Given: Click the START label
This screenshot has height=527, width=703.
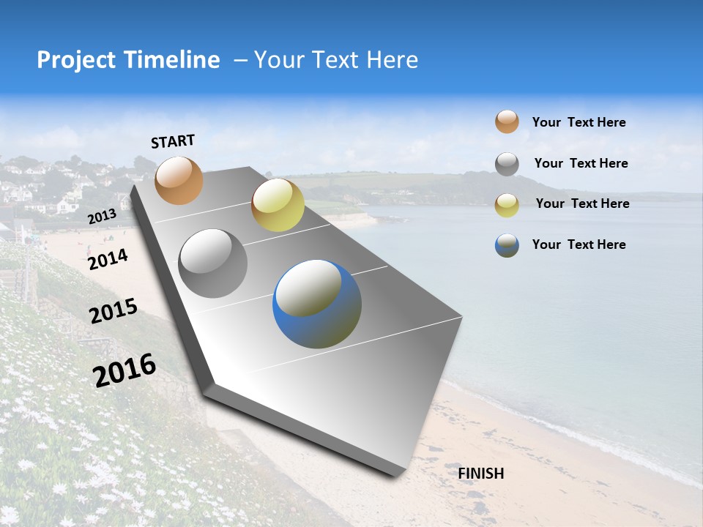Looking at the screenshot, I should tap(173, 141).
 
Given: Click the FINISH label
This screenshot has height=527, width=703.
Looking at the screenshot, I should tap(481, 474).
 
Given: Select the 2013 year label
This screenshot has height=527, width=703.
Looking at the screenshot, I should tap(102, 217).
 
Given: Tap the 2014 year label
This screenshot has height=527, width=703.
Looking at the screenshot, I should tap(108, 259).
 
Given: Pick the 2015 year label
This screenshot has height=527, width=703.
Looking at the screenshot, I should tap(114, 311).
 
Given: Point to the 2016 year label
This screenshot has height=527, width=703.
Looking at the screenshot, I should tap(124, 370).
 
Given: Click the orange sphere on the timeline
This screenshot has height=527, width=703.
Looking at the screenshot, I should tap(179, 180).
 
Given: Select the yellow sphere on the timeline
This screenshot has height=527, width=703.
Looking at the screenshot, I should tap(278, 205).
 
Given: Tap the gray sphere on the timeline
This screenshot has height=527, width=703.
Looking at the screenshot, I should tap(213, 263).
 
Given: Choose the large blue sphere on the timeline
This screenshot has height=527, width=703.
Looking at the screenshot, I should tap(317, 304).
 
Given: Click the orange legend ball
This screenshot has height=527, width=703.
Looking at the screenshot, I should tap(507, 122).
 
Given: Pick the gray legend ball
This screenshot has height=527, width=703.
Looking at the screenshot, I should tap(507, 164).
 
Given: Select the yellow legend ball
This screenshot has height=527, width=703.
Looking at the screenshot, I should tap(507, 205).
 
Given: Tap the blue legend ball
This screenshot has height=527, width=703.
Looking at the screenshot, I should tap(507, 245).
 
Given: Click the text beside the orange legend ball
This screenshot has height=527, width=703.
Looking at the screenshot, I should tap(579, 122).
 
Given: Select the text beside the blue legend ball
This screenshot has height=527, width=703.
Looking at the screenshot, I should tap(579, 244).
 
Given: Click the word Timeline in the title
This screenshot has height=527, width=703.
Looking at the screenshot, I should tap(173, 60).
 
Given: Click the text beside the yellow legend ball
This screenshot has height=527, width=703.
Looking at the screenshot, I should tap(582, 203).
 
